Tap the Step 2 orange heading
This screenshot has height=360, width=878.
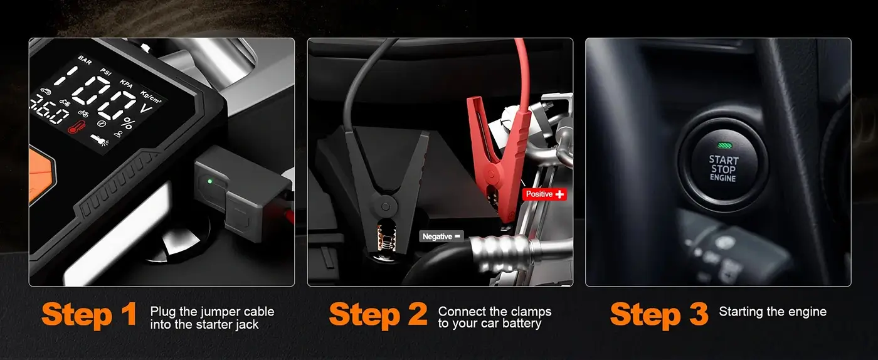(x=378, y=314)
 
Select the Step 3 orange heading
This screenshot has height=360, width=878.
(x=658, y=314)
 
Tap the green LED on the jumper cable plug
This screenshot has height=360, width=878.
(x=209, y=183)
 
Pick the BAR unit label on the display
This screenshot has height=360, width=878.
(x=85, y=60)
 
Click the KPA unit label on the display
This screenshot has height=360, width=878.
(x=128, y=84)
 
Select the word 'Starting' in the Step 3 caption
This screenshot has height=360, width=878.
(x=741, y=312)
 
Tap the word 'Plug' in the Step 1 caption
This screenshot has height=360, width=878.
(x=161, y=312)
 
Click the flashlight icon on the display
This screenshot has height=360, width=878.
(x=98, y=139)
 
